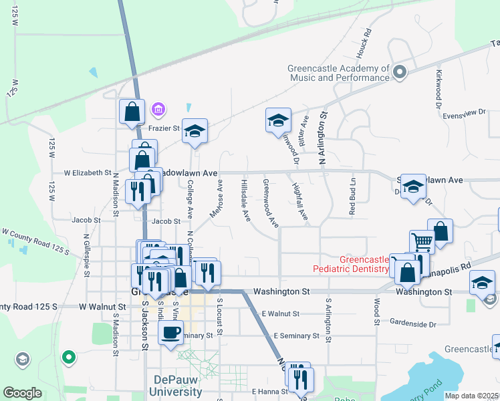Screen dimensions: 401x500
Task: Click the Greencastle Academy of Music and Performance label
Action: point(338,73)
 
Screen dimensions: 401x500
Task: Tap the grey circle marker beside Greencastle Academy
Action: point(400,72)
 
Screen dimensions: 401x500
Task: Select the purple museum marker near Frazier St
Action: point(158,108)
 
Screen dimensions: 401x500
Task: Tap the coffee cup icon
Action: point(170,331)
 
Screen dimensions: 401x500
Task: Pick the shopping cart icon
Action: point(422,241)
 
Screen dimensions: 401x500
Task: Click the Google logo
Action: point(23,393)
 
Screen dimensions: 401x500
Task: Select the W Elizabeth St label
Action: point(87,172)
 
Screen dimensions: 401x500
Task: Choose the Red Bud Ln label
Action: point(352,196)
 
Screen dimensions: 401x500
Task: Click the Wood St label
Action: point(377,312)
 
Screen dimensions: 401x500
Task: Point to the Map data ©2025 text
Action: point(472,396)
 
